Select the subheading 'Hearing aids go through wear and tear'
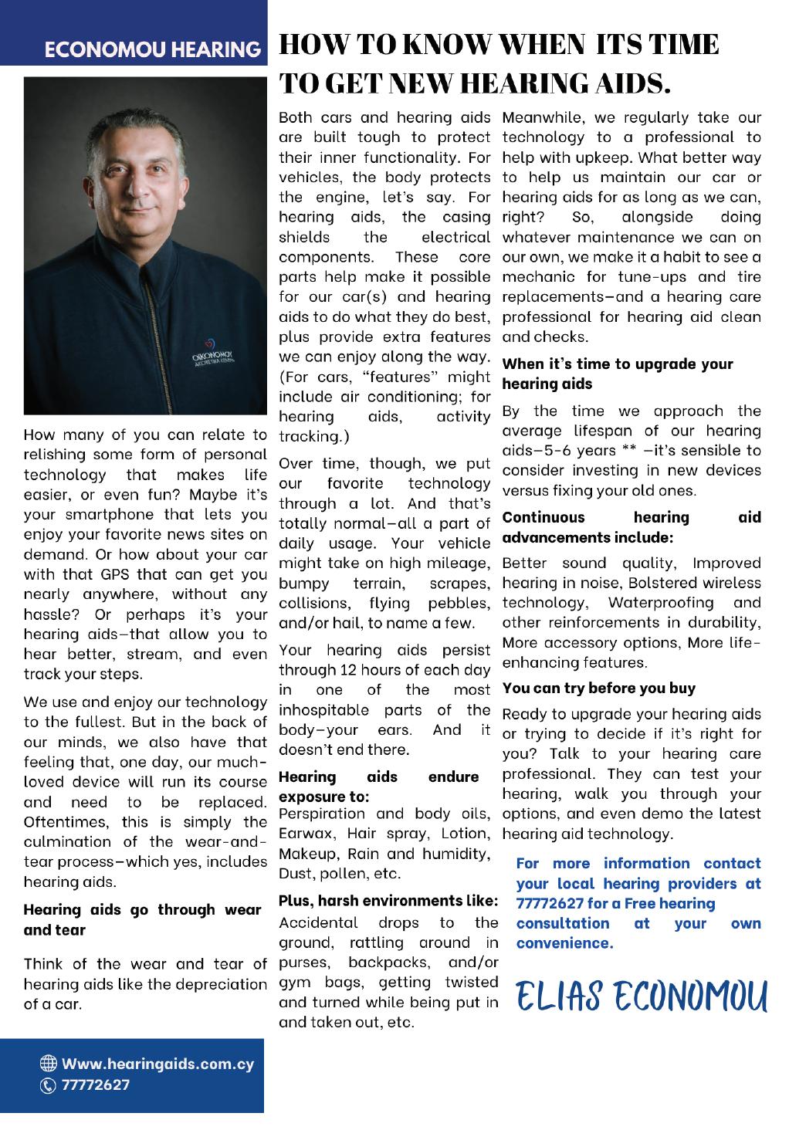pyautogui.click(x=142, y=919)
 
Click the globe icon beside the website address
pyautogui.click(x=52, y=1064)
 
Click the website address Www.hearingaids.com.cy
pyautogui.click(x=157, y=1064)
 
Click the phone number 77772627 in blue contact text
pyautogui.click(x=547, y=903)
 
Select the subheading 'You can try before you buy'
pyautogui.click(x=598, y=688)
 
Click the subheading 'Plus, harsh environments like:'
pyautogui.click(x=386, y=901)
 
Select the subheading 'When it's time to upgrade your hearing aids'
pyautogui.click(x=617, y=374)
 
